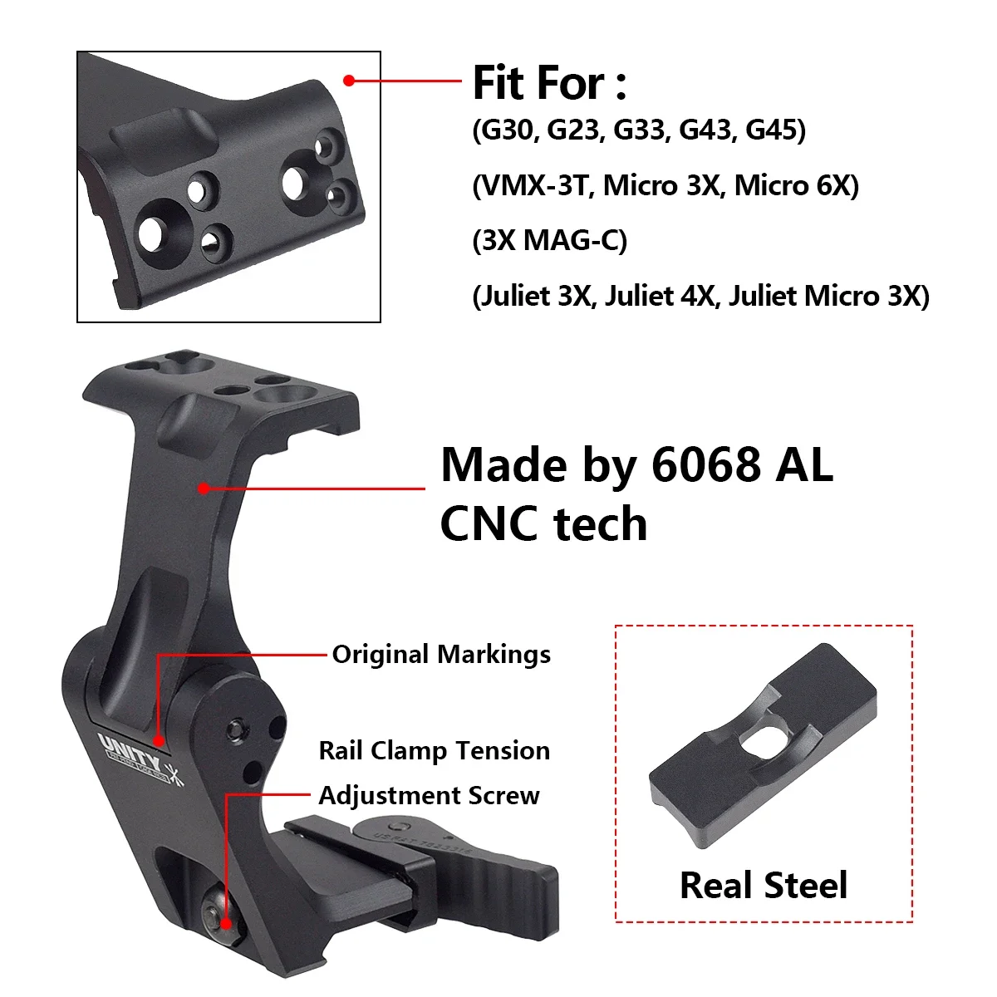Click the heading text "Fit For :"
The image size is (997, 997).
(549, 83)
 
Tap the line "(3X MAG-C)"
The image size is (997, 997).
(549, 241)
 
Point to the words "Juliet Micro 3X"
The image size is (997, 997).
(827, 297)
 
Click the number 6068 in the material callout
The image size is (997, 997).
(705, 464)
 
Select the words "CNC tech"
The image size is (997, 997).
(543, 524)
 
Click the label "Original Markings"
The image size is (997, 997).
(441, 655)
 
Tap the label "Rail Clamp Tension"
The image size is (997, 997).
(434, 751)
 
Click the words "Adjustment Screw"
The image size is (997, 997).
(429, 796)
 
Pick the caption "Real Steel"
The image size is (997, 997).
(763, 886)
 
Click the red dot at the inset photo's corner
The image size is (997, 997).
(350, 81)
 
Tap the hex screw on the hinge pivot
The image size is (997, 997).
(235, 729)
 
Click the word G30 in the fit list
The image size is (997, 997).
(506, 130)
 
